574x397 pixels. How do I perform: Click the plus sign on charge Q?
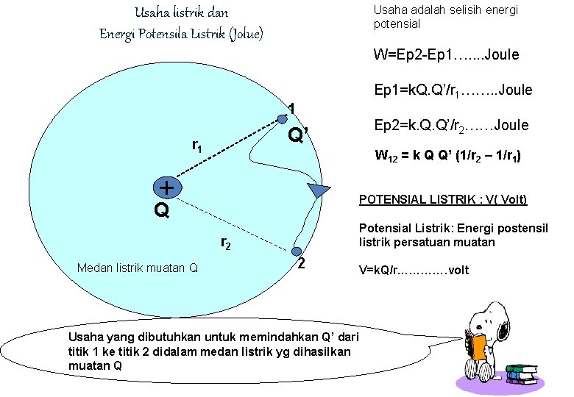[x=167, y=188]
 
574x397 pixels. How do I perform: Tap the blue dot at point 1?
[x=282, y=117]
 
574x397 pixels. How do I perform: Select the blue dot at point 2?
[x=297, y=252]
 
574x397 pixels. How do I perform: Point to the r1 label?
[x=197, y=146]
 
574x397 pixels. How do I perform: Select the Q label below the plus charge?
[x=162, y=212]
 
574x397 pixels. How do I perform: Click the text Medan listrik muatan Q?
[x=137, y=268]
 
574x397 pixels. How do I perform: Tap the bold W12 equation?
[x=449, y=156]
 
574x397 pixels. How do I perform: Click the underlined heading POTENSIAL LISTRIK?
[x=442, y=200]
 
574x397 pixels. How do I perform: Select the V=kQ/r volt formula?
[x=414, y=270]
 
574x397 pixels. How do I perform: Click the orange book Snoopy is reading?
[x=479, y=347]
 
